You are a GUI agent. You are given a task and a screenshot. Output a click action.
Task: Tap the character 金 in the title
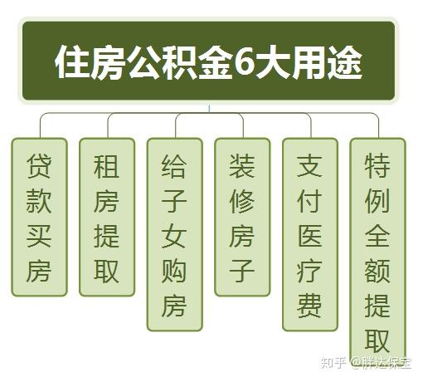(215, 62)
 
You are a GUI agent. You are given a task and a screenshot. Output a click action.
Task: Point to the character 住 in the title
(72, 62)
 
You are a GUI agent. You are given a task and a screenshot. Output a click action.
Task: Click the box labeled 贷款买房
(39, 217)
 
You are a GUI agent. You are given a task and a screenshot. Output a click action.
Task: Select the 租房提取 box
(107, 217)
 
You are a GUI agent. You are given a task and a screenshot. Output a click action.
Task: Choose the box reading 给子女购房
(175, 234)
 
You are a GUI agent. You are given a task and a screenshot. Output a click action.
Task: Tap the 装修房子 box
(242, 217)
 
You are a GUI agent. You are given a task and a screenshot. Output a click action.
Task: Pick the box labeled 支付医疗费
(310, 234)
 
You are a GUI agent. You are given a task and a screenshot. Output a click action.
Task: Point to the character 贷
(39, 166)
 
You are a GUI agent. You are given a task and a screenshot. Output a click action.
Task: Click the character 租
(107, 166)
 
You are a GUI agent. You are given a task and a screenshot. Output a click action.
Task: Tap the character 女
(174, 236)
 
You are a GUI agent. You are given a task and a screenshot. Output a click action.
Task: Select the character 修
(242, 201)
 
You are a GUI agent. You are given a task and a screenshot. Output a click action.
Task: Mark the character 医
(310, 236)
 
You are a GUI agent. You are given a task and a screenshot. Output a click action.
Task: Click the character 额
(377, 271)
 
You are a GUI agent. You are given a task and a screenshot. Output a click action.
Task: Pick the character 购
(174, 271)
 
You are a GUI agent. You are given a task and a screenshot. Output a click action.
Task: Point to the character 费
(310, 306)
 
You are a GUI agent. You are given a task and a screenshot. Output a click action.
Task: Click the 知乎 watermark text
(333, 363)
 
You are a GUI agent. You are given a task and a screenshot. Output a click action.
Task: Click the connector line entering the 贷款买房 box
(41, 126)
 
